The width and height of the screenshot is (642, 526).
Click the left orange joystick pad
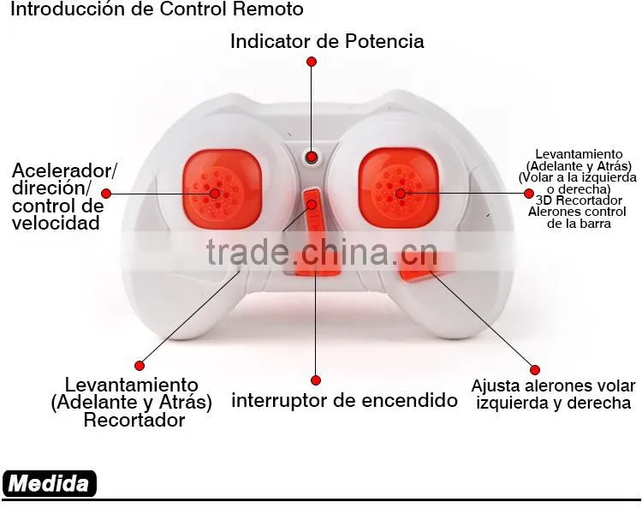point(222,188)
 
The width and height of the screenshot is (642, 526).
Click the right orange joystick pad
point(398,188)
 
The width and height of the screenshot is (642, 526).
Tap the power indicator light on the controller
point(312,157)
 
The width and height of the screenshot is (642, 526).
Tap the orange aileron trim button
point(425,266)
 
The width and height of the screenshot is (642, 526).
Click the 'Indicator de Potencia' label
point(327,41)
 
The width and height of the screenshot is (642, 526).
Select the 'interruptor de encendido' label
point(344,400)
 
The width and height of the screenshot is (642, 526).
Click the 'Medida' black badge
point(49,483)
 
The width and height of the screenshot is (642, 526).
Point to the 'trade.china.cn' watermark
point(322,252)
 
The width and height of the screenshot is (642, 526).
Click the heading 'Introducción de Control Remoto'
point(157,9)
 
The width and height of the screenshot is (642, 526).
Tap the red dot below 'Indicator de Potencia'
point(312,62)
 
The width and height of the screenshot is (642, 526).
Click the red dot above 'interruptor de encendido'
point(316,380)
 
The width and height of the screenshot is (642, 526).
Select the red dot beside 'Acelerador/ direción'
point(106,194)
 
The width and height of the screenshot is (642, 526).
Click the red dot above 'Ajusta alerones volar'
point(535,370)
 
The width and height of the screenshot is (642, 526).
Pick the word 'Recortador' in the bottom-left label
point(134,421)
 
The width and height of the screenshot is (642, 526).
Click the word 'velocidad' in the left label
point(56,223)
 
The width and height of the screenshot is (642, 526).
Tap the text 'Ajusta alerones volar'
point(553,386)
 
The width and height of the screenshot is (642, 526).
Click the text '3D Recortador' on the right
point(579,200)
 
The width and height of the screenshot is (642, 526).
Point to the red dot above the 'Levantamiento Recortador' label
point(140,366)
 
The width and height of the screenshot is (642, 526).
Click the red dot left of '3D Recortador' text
point(529,194)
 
